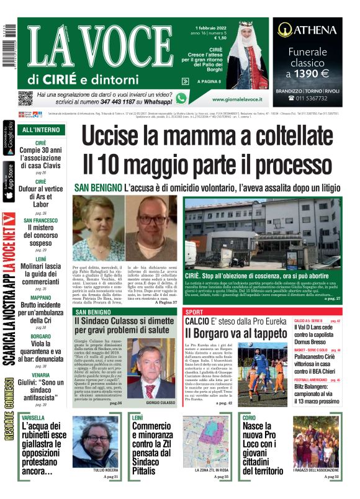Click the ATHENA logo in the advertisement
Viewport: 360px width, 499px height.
pyautogui.click(x=307, y=29)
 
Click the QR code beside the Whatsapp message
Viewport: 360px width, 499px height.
pyautogui.click(x=25, y=98)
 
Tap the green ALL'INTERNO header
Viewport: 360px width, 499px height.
pyautogui.click(x=41, y=130)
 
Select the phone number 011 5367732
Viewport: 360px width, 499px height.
pyautogui.click(x=311, y=97)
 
